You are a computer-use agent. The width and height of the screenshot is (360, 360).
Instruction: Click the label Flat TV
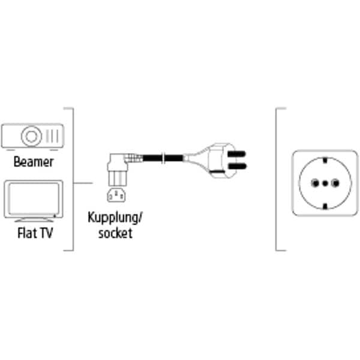click(32, 232)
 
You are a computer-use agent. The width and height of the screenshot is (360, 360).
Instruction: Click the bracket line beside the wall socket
click(276, 180)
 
